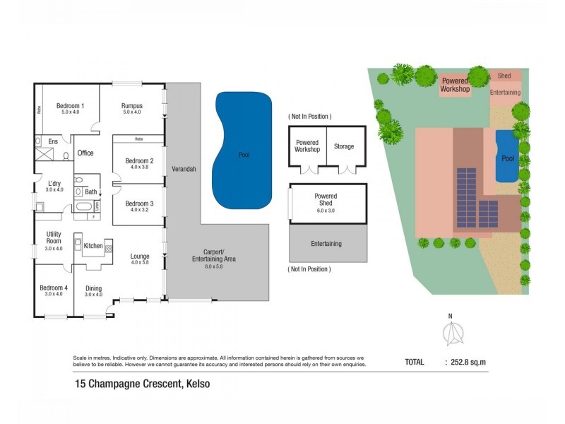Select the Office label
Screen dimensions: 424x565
pyautogui.click(x=85, y=153)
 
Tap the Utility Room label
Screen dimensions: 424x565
pyautogui.click(x=54, y=237)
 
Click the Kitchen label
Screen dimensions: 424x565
pyautogui.click(x=93, y=246)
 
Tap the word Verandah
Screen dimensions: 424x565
pyautogui.click(x=184, y=170)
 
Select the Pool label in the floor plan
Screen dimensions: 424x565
pyautogui.click(x=244, y=155)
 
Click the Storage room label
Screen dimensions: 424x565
pyautogui.click(x=344, y=146)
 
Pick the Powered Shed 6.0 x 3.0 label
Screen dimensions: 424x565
pyautogui.click(x=326, y=199)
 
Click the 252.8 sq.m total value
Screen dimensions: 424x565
pyautogui.click(x=469, y=362)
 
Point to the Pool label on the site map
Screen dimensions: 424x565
pyautogui.click(x=508, y=158)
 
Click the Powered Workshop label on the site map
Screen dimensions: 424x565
pyautogui.click(x=455, y=85)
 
